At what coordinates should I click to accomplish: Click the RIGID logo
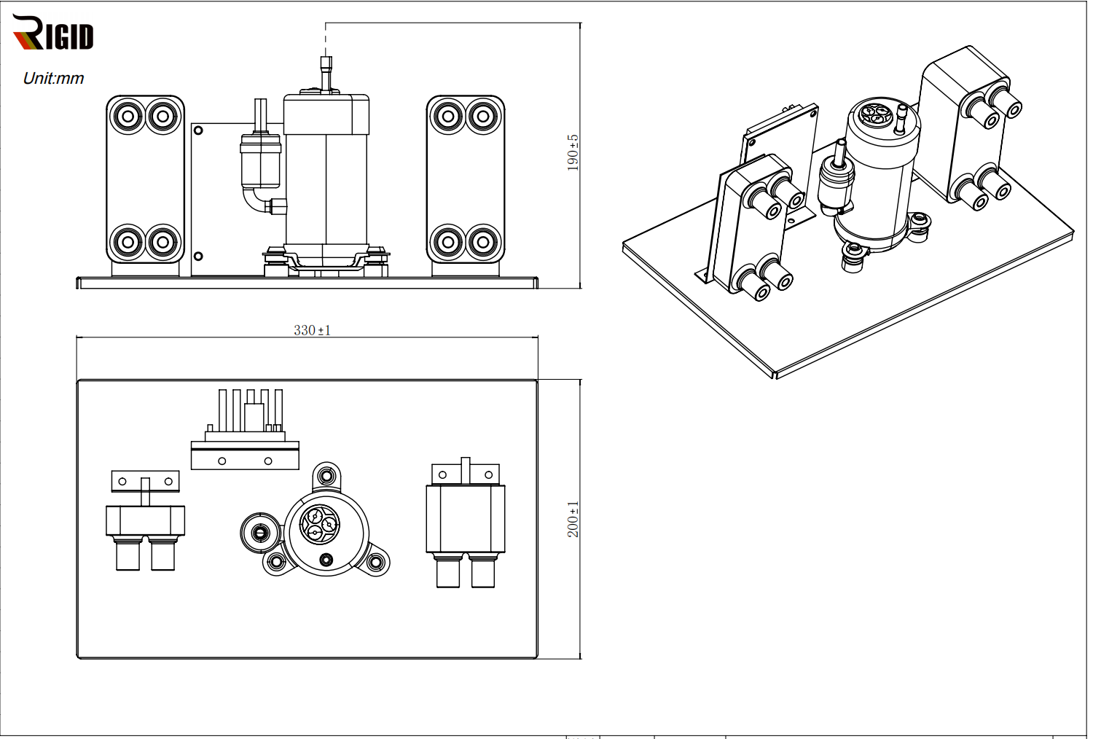53,34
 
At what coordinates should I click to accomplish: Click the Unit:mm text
53,78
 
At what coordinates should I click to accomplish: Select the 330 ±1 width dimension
312,330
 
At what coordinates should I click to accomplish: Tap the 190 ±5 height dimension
573,152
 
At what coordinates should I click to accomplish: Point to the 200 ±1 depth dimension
573,519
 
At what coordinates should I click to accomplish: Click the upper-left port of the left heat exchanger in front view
128,116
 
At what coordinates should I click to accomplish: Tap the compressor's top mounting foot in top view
326,476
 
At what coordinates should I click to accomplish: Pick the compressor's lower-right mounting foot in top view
376,562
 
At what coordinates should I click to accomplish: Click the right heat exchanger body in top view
465,519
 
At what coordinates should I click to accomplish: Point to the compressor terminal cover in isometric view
873,115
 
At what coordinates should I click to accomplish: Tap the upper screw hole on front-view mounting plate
198,130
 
